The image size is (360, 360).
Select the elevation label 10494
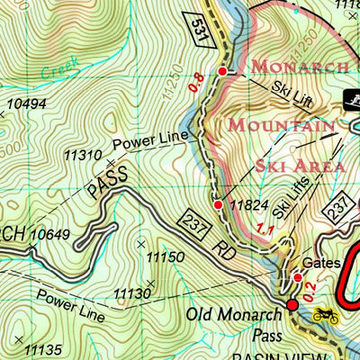point(25,105)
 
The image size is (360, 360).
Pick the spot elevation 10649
point(49,236)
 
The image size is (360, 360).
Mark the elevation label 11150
point(165,257)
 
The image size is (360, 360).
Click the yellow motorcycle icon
point(324,315)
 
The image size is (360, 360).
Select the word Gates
point(321,263)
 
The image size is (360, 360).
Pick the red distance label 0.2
point(309,291)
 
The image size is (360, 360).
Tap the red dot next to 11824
point(218,205)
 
